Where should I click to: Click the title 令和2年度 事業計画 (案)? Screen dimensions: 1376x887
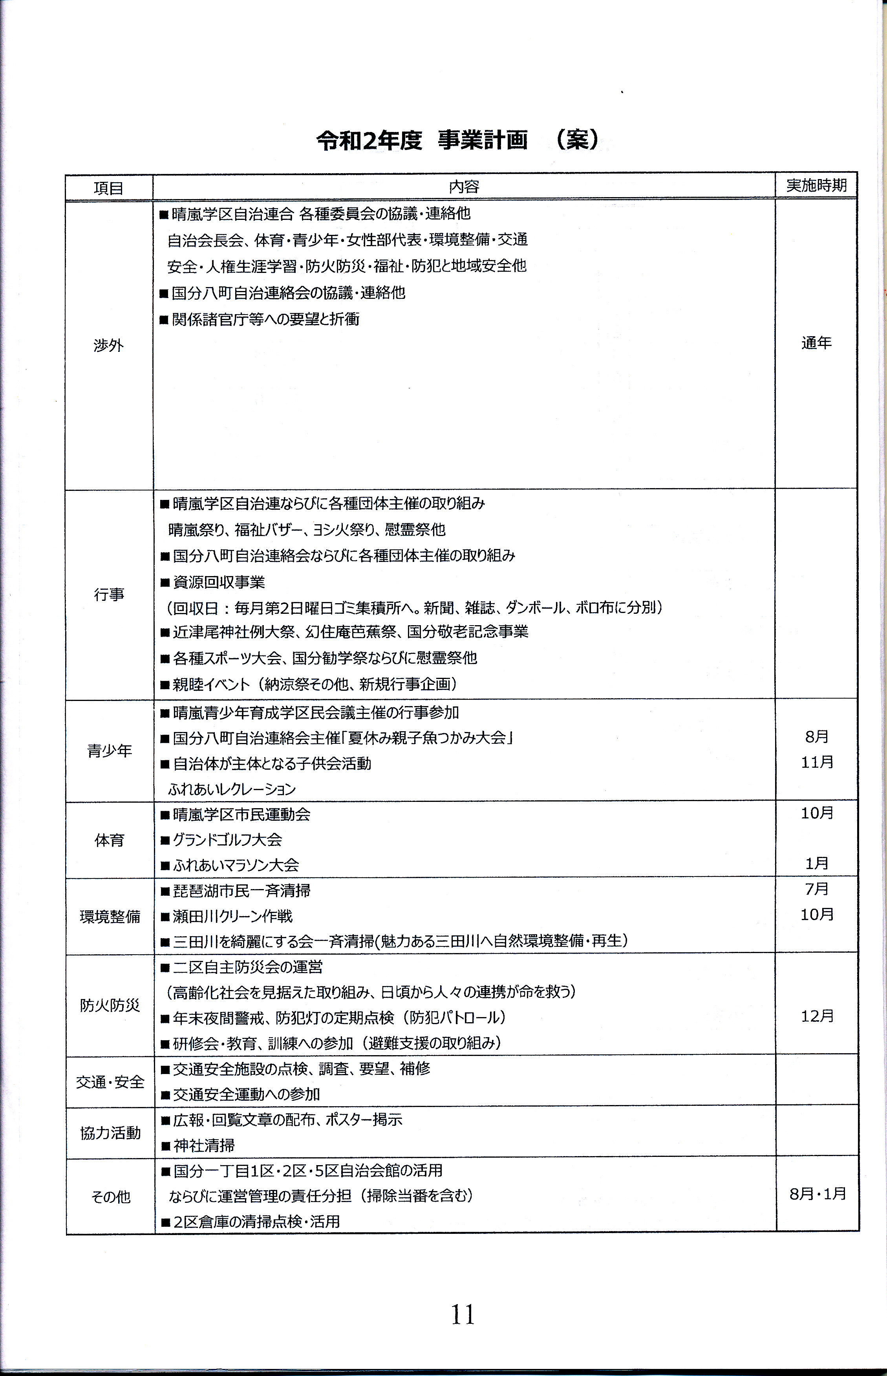[x=459, y=140]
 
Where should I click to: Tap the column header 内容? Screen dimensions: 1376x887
[x=464, y=187]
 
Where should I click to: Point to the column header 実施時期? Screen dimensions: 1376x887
[x=816, y=185]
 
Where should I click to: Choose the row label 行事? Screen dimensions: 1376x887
[x=109, y=595]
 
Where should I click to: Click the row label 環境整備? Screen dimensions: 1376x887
[x=110, y=917]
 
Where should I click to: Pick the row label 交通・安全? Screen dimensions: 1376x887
[x=110, y=1082]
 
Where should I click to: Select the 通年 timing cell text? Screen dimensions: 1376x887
[x=816, y=343]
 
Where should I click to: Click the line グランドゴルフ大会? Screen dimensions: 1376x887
[x=227, y=840]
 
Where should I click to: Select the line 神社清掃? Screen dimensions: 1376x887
[x=204, y=1145]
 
